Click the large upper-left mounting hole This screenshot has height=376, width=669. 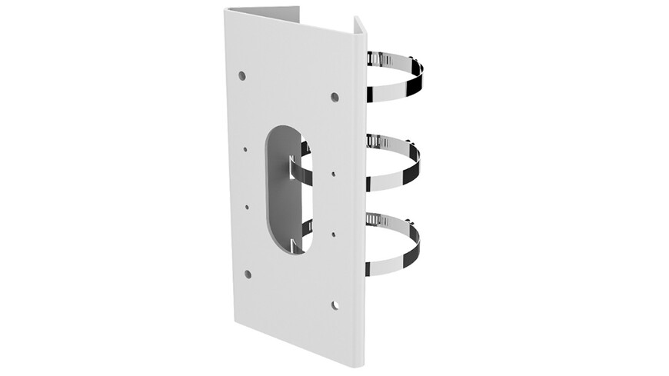click(242, 76)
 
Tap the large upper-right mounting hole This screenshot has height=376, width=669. click(334, 97)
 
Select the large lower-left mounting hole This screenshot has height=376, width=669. click(248, 274)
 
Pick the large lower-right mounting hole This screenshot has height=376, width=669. click(335, 305)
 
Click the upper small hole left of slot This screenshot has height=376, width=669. click(245, 150)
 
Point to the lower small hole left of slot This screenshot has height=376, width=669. click(247, 206)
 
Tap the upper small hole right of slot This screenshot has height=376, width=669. click(334, 175)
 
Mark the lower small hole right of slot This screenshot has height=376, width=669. click(334, 233)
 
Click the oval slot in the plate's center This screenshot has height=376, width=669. click(285, 190)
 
